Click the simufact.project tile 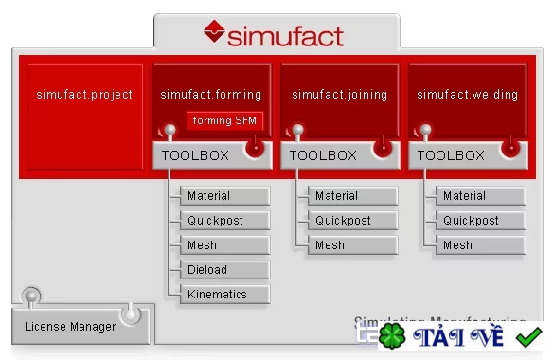point(84,95)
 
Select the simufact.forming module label point(210,95)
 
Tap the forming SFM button point(224,121)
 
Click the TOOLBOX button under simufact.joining point(323,155)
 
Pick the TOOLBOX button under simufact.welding point(451,155)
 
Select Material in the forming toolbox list point(223,196)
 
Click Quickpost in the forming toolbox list point(223,221)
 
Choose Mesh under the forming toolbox point(223,245)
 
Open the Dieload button point(223,270)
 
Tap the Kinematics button point(223,295)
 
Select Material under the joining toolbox point(351,196)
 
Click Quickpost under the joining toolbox point(351,221)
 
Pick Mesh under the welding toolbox point(479,245)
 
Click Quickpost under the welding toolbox point(479,221)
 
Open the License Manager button point(70,327)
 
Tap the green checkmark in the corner point(528,336)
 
